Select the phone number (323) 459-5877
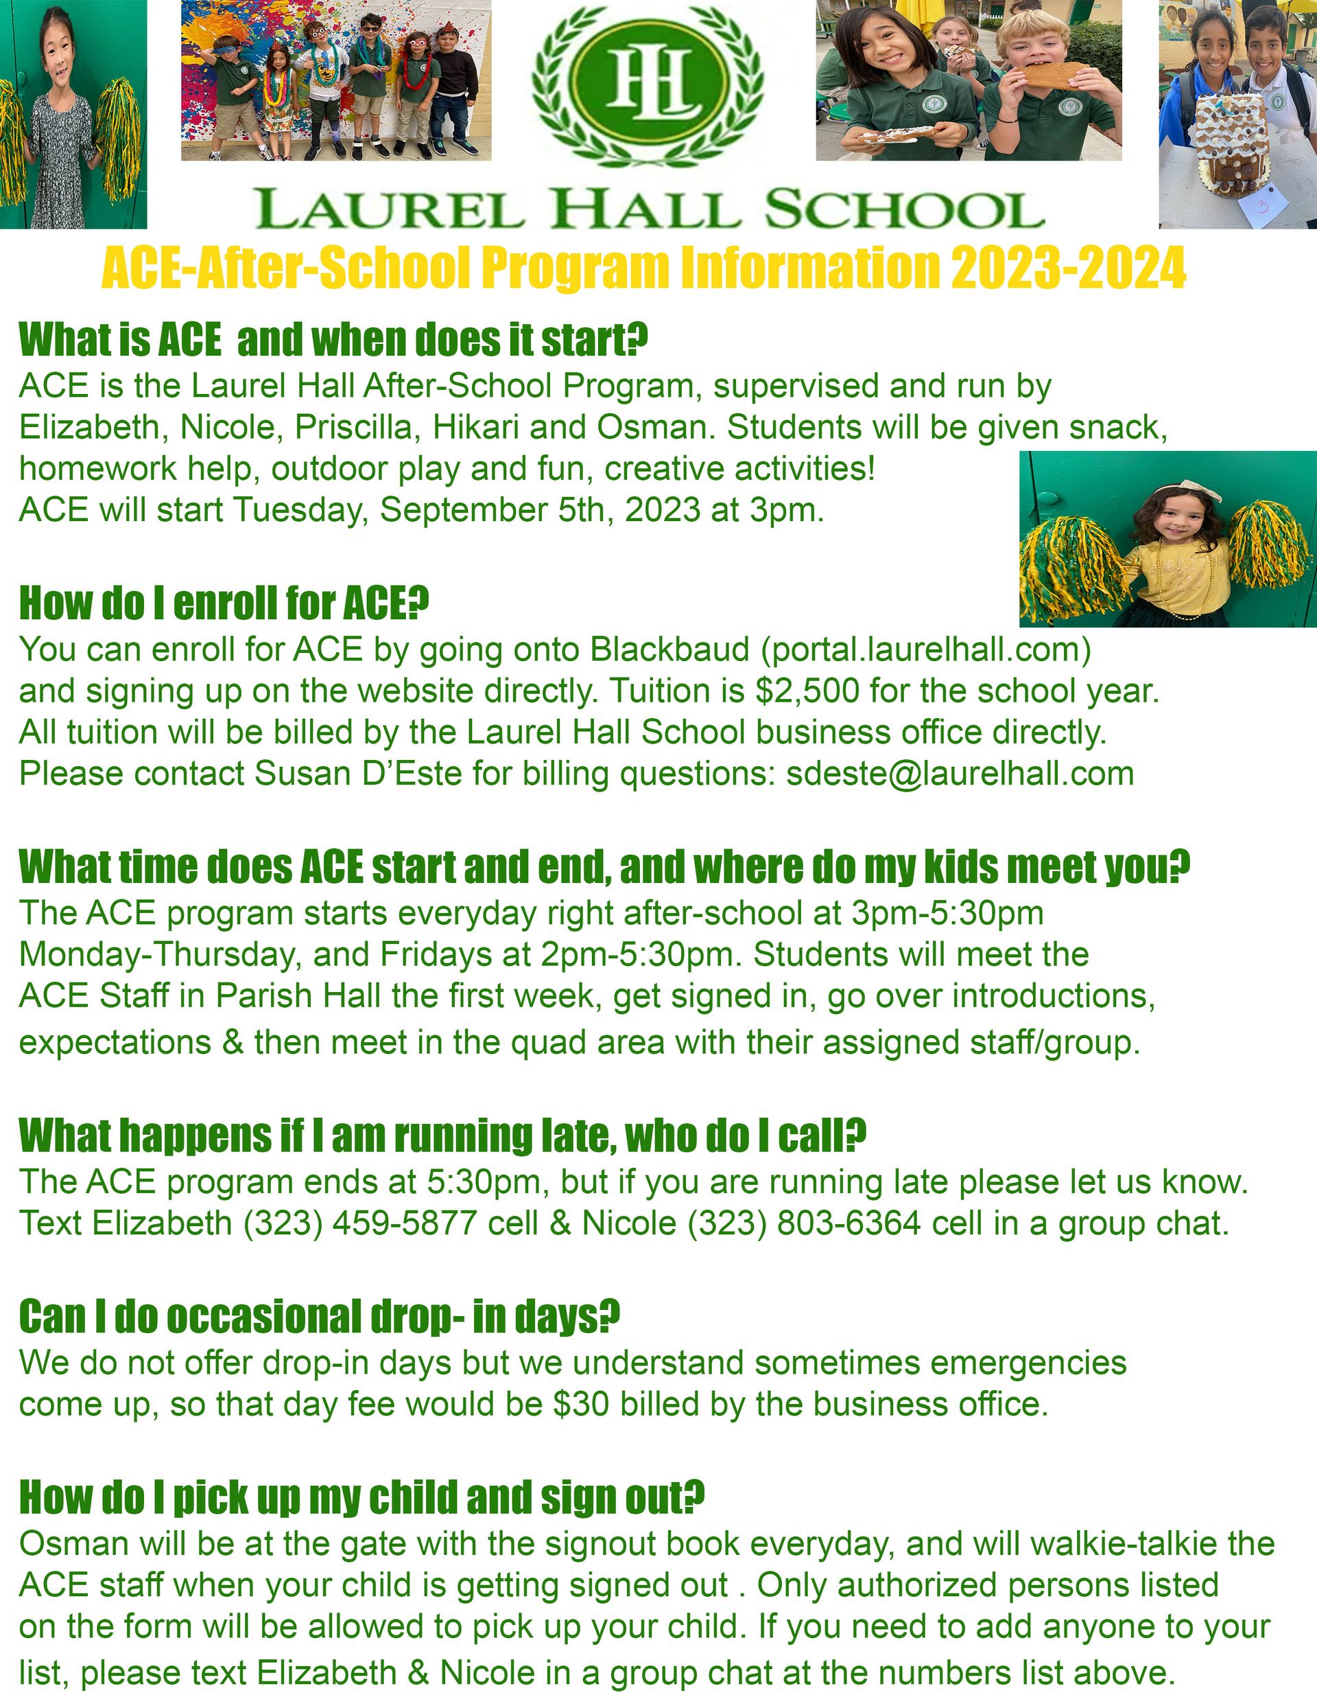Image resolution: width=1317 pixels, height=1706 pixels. tap(360, 1223)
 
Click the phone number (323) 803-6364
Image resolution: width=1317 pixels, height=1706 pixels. tap(804, 1223)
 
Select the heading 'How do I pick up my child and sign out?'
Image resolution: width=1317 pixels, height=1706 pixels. tap(361, 1497)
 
